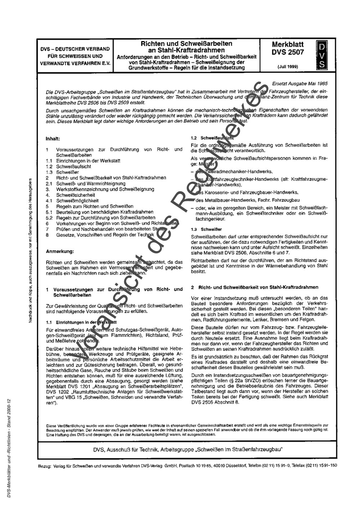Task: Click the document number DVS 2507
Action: pos(288,52)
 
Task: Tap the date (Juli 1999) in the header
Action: pos(288,66)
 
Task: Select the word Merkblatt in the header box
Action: pos(288,45)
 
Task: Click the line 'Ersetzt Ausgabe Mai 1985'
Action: pos(300,83)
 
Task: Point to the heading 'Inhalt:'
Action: pos(53,138)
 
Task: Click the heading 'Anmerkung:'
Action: pos(60,251)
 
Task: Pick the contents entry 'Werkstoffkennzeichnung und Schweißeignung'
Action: pos(105,189)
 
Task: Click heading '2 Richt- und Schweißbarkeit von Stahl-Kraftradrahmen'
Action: pos(255,287)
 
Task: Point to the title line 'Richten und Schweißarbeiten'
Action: pos(186,44)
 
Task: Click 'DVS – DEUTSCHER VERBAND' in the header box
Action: pos(75,49)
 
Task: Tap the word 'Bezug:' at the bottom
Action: pos(45,466)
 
